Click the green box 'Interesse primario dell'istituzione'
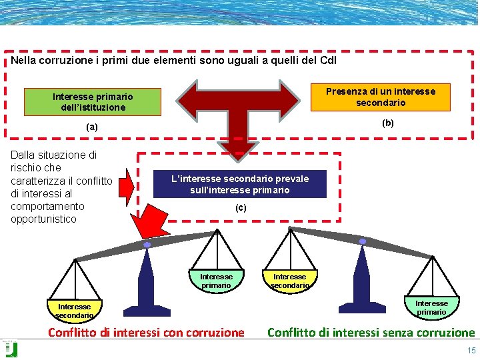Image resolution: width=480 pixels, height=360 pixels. [x=93, y=101]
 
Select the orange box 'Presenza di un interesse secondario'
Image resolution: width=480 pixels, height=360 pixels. [x=381, y=97]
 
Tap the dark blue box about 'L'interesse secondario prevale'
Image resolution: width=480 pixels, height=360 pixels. [x=240, y=184]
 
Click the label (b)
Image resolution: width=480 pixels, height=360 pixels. [x=387, y=123]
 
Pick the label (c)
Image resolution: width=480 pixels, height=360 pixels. [x=241, y=208]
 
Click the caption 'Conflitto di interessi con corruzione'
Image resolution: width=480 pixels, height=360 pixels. [x=146, y=333]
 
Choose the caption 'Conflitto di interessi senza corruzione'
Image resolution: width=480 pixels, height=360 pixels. [x=371, y=333]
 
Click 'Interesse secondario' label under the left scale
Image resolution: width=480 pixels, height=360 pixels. [x=74, y=311]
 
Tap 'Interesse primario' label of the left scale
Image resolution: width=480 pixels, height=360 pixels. [x=216, y=281]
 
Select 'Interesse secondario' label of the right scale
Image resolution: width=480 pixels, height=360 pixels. [x=289, y=281]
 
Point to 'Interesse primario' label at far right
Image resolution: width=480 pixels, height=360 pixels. [x=431, y=307]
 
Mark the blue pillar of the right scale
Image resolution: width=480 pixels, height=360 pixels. [x=362, y=280]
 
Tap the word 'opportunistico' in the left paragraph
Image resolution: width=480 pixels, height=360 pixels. [x=44, y=219]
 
